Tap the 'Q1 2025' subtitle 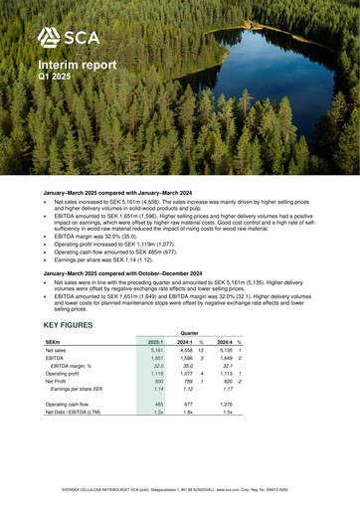pos(55,76)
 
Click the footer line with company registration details pos(180,491)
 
